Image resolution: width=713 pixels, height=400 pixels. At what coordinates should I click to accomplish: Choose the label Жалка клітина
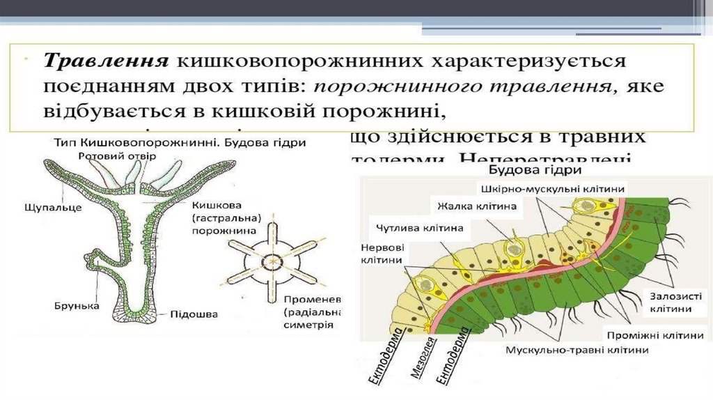477,206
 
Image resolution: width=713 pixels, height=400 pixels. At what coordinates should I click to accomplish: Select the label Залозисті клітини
670,301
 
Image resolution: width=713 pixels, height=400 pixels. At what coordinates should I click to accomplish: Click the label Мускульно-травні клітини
577,350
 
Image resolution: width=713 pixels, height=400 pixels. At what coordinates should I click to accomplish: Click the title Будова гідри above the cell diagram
526,169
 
